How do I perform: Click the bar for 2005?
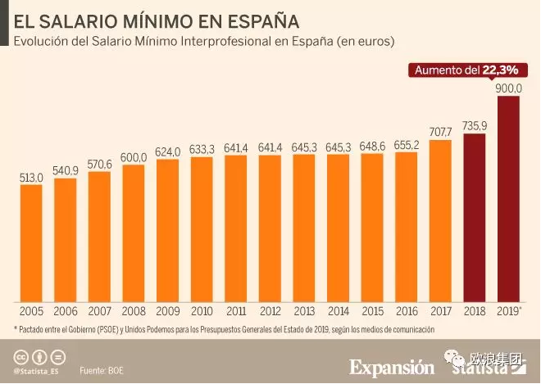coord(31,242)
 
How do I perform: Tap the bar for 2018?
coord(475,217)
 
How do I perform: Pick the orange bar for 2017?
coord(440,219)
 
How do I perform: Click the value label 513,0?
coord(31,176)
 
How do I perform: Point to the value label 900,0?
coord(508,88)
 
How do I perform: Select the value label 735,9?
coord(475,125)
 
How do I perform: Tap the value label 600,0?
coord(134,157)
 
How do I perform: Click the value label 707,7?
coord(440,132)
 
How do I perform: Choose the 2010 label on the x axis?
coord(202,311)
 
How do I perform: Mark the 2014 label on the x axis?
coord(338,311)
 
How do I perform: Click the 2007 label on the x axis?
coord(99,311)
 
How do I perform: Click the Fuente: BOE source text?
coord(102,370)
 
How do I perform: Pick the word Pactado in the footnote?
coord(33,329)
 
